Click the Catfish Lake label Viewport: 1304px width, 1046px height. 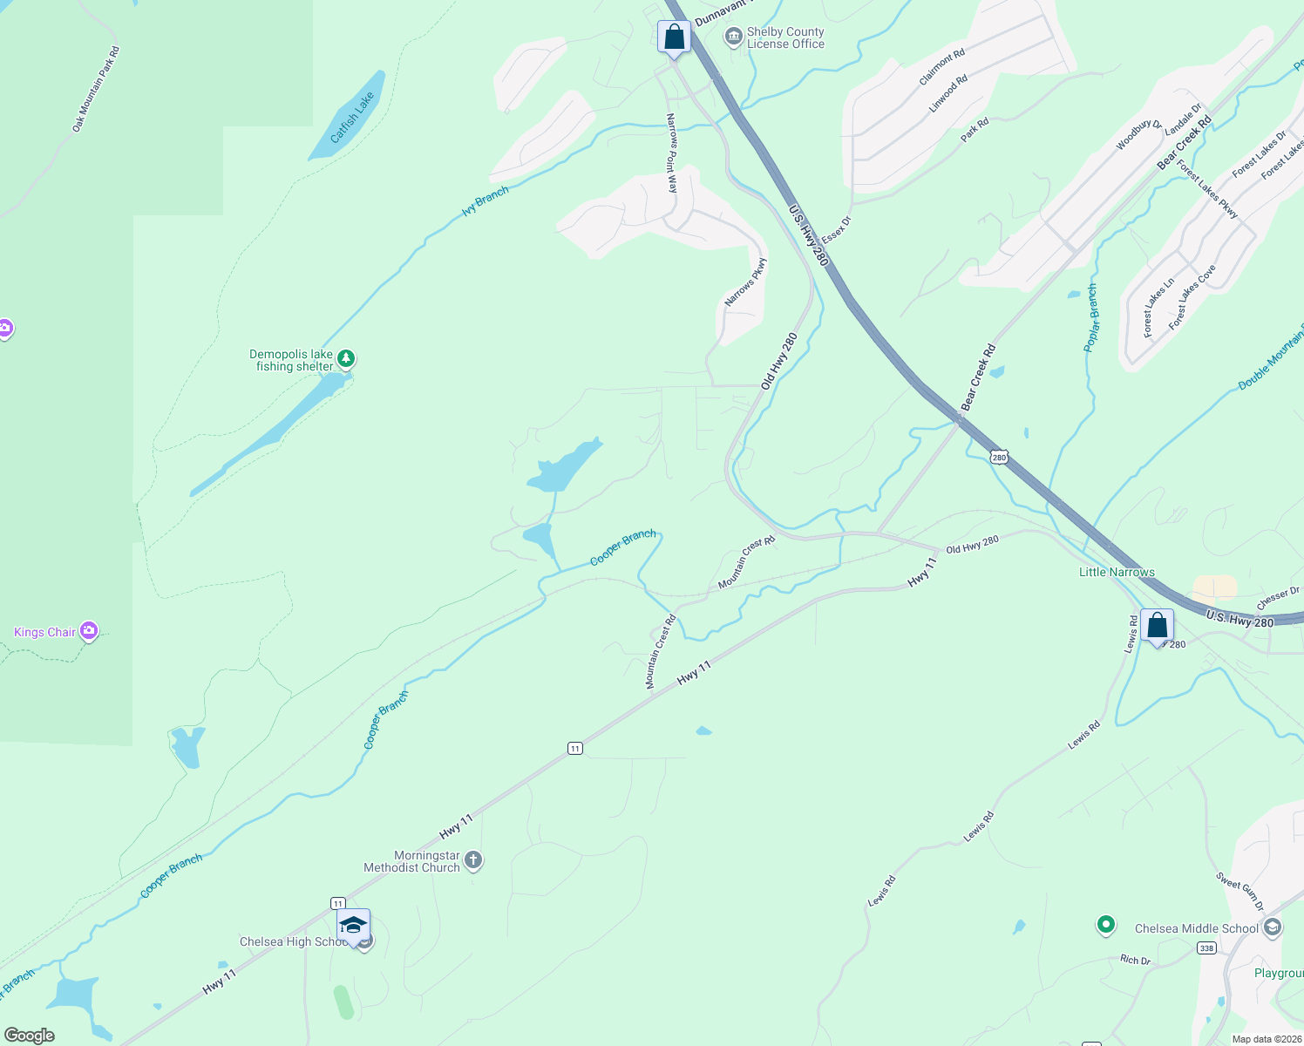tap(352, 118)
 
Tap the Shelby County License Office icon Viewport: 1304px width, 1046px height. tap(734, 37)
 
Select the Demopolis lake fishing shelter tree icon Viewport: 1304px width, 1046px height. tap(347, 358)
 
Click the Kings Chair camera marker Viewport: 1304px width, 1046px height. tap(88, 631)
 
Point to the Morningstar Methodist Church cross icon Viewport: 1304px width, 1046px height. tap(473, 861)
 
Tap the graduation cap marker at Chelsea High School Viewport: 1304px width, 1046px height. tap(353, 926)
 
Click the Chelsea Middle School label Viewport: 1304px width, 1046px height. tap(1197, 928)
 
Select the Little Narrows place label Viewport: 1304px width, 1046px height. tap(1117, 572)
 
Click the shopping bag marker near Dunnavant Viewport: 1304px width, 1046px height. tap(674, 37)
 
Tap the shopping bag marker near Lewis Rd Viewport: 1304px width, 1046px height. tap(1157, 626)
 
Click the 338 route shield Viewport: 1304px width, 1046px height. tap(1206, 948)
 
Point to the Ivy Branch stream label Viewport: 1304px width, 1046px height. tap(486, 201)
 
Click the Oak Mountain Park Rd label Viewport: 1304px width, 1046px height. tap(96, 90)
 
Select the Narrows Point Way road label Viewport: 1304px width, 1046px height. tap(672, 153)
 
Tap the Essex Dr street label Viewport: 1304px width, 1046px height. tap(836, 230)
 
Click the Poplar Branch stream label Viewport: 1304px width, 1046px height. tap(1090, 317)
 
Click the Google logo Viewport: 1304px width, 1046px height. tap(30, 1035)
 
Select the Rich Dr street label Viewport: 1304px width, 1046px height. tap(1135, 960)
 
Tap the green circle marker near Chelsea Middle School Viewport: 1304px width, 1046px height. tap(1106, 924)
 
